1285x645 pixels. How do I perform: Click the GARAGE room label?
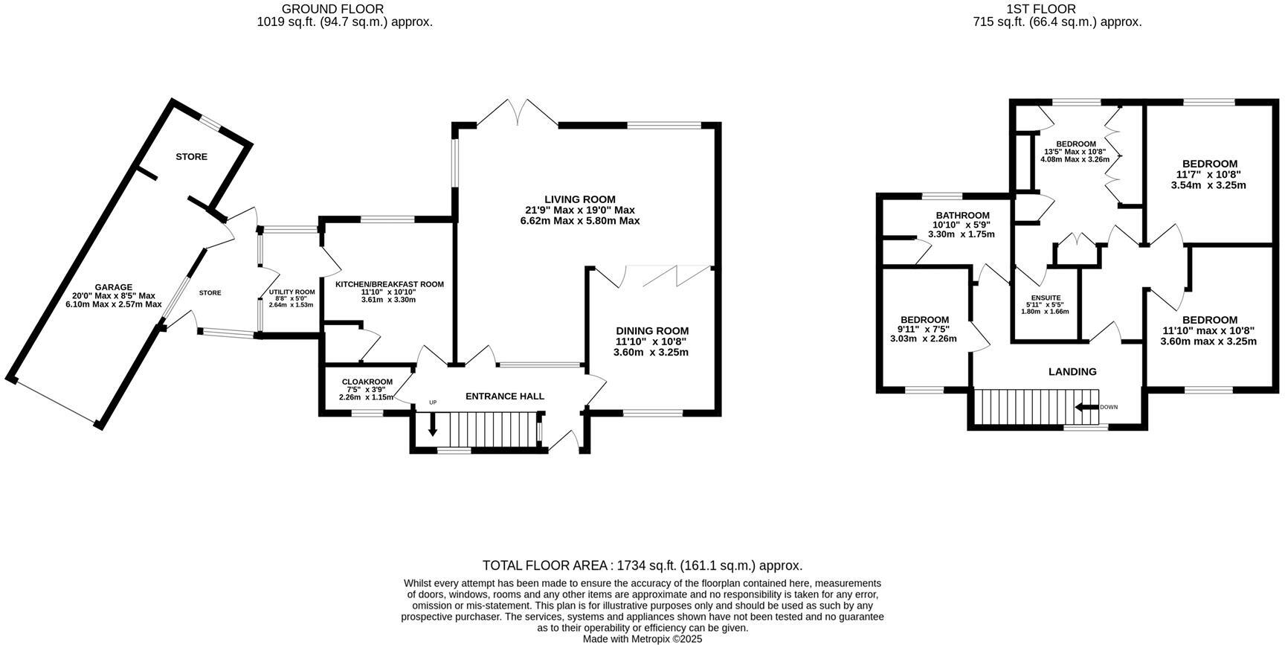pyautogui.click(x=113, y=287)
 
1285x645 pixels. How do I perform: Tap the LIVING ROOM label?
pyautogui.click(x=579, y=199)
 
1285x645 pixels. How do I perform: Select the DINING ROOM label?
pyautogui.click(x=651, y=331)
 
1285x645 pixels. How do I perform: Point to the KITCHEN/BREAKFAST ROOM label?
pyautogui.click(x=389, y=284)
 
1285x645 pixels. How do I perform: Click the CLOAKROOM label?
pyautogui.click(x=366, y=382)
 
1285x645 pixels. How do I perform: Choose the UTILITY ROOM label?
pyautogui.click(x=292, y=292)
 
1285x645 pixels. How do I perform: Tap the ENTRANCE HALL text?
pyautogui.click(x=504, y=397)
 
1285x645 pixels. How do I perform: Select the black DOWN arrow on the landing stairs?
pyautogui.click(x=1086, y=407)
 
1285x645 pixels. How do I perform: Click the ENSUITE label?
pyautogui.click(x=1045, y=298)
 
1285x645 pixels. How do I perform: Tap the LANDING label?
pyautogui.click(x=1072, y=372)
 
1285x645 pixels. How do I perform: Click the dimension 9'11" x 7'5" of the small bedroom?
pyautogui.click(x=923, y=329)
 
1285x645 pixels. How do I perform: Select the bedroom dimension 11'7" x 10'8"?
pyautogui.click(x=1209, y=174)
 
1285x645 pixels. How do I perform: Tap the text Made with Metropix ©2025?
pyautogui.click(x=642, y=638)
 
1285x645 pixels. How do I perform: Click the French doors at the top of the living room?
pyautogui.click(x=518, y=112)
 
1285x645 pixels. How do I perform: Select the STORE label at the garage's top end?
pyautogui.click(x=191, y=157)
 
